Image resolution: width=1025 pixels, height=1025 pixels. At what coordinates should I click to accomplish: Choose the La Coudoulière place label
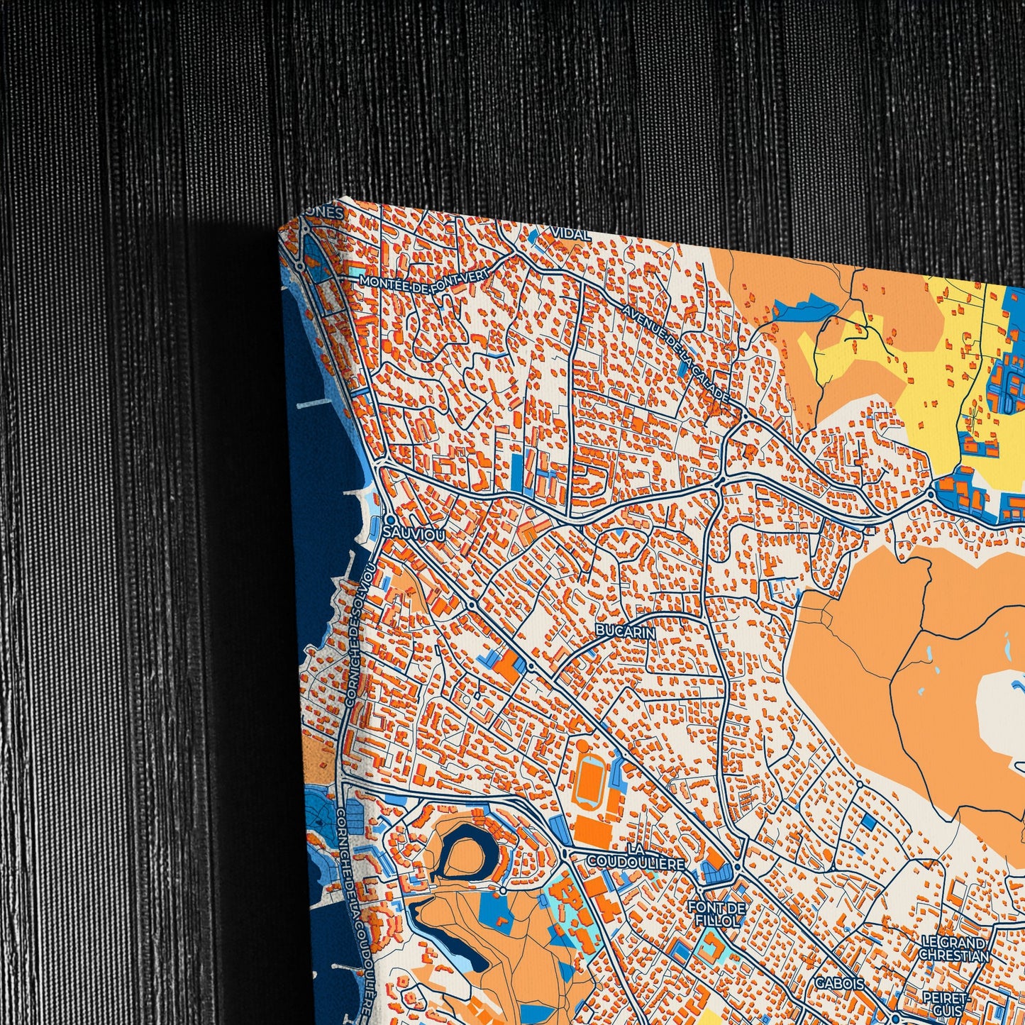click(636, 856)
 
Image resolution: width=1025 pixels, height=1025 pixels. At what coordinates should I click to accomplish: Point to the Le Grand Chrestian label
click(954, 948)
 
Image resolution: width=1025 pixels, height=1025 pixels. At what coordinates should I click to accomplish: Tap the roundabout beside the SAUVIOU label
click(389, 520)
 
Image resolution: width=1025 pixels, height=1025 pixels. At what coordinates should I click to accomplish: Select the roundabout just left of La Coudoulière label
click(565, 852)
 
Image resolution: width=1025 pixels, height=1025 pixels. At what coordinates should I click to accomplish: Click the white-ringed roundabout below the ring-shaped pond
click(502, 890)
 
